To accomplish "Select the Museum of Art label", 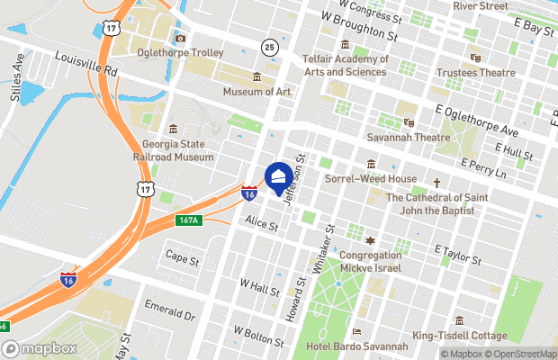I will (256, 91).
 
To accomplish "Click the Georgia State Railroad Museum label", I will (178, 150).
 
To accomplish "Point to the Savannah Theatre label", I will (408, 138).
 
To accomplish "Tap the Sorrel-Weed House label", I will (371, 178).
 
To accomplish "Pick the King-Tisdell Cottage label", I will (459, 336).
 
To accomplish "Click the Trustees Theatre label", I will (475, 72).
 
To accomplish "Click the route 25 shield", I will (270, 46).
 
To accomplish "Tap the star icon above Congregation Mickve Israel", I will (369, 241).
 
